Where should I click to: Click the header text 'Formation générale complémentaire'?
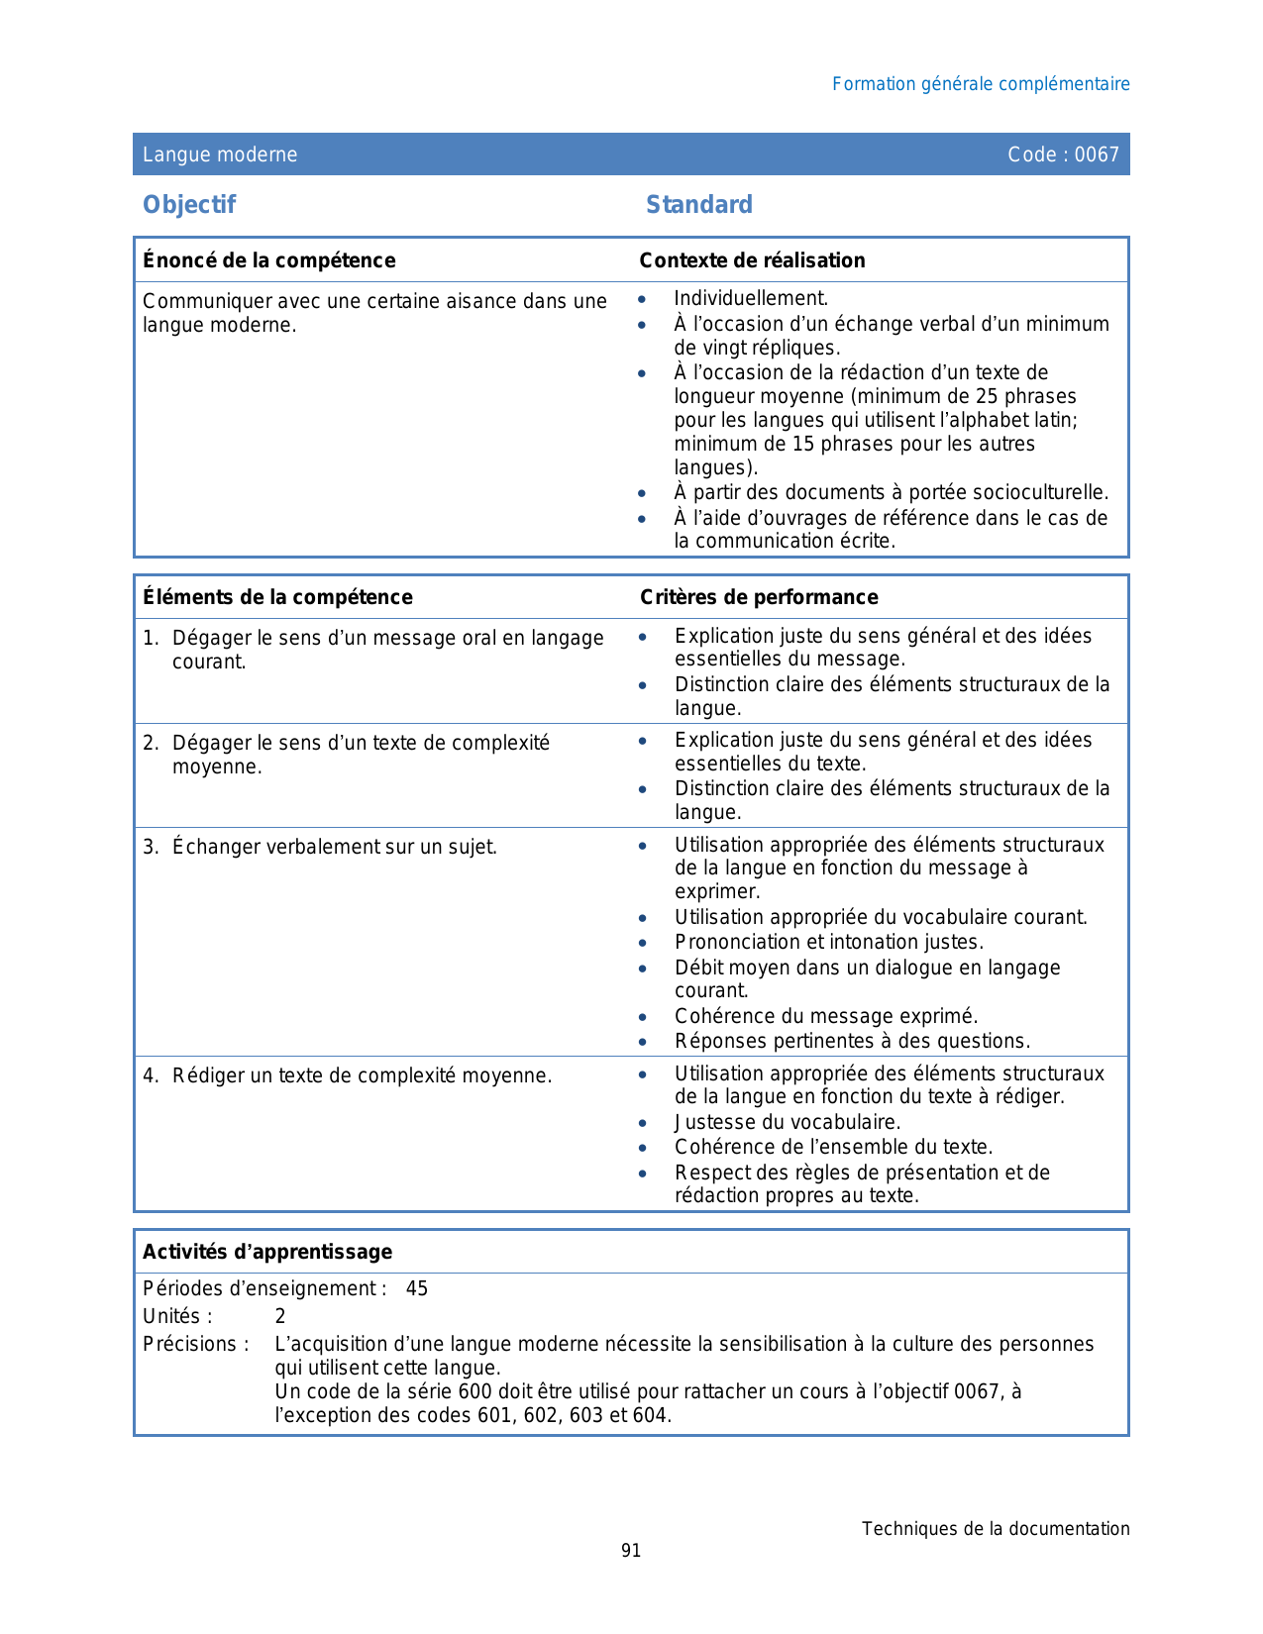pyautogui.click(x=980, y=84)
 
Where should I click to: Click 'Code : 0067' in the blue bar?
pyautogui.click(x=1063, y=154)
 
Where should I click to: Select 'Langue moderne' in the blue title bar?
pyautogui.click(x=220, y=154)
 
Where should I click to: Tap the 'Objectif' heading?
pyautogui.click(x=189, y=205)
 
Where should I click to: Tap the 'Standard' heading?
pyautogui.click(x=698, y=205)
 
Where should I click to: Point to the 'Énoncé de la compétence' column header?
pyautogui.click(x=268, y=260)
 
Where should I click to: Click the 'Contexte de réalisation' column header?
pyautogui.click(x=752, y=260)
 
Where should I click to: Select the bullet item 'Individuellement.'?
pyautogui.click(x=750, y=299)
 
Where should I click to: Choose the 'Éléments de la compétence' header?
pyautogui.click(x=277, y=597)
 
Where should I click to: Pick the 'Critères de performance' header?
pyautogui.click(x=759, y=597)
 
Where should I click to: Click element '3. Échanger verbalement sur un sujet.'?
pyautogui.click(x=320, y=847)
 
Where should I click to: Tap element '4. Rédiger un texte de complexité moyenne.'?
pyautogui.click(x=348, y=1075)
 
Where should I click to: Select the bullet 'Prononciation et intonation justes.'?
pyautogui.click(x=829, y=942)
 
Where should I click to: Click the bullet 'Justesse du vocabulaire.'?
pyautogui.click(x=788, y=1122)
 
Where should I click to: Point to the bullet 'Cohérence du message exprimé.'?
pyautogui.click(x=826, y=1016)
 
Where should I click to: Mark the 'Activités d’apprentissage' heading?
pyautogui.click(x=267, y=1252)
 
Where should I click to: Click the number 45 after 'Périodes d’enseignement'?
pyautogui.click(x=417, y=1288)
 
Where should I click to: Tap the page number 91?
pyautogui.click(x=631, y=1551)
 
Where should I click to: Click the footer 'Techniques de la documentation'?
pyautogui.click(x=995, y=1529)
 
